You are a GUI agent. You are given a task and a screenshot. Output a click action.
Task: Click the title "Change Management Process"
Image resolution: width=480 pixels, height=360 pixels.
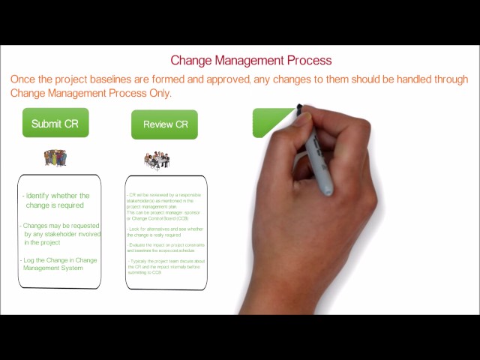coord(250,60)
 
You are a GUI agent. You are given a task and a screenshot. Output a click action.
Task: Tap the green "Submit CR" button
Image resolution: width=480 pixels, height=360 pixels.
coord(55,123)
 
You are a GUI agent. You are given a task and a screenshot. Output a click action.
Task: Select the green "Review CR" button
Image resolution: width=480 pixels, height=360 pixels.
coord(165,124)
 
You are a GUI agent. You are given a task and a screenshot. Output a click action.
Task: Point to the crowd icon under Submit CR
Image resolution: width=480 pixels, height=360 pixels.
coord(55,157)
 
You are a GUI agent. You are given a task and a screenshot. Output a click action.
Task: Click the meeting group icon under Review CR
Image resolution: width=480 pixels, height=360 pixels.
coord(157,160)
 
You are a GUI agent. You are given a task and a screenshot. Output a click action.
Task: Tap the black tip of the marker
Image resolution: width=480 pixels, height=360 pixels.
coord(300,109)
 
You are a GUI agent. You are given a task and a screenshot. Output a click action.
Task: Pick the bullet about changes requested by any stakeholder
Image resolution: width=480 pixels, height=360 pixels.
coord(60,233)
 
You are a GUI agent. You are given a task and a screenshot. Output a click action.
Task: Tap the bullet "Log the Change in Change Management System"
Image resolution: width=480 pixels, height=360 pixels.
coord(60,264)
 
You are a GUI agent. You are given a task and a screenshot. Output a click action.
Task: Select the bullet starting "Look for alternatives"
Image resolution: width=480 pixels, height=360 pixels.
coord(164,231)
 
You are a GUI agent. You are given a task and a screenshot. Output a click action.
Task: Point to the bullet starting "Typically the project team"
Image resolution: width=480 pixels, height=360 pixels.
coord(165,266)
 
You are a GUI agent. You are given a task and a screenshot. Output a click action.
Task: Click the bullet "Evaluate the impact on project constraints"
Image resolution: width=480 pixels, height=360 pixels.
coord(166,247)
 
